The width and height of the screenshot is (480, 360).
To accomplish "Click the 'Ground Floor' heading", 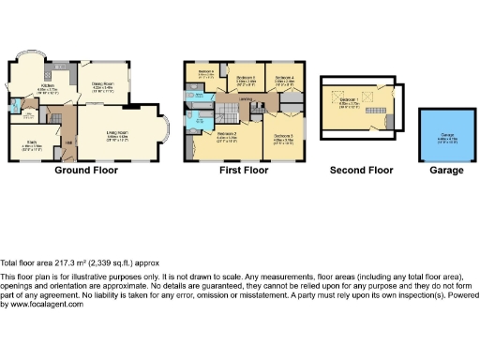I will (84, 172).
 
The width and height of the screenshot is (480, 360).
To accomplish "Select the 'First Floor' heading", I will (246, 172).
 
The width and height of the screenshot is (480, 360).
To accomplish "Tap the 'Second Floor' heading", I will (361, 172).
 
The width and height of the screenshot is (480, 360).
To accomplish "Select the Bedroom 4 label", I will (285, 77).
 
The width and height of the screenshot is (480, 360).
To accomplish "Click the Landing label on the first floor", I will (246, 98).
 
